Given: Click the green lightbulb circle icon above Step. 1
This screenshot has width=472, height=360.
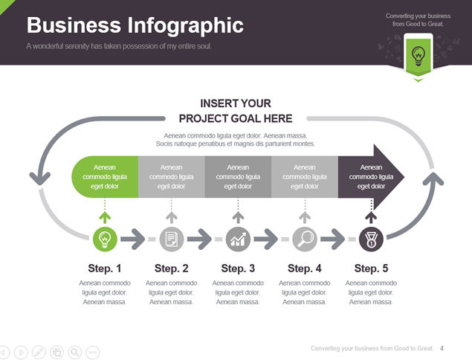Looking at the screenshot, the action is point(105,240).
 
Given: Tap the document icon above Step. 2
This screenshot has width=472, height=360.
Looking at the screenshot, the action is point(171,240).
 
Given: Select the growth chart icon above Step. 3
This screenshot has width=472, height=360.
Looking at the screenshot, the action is point(238,240).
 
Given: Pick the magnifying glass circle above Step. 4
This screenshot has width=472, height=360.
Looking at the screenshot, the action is point(305,240).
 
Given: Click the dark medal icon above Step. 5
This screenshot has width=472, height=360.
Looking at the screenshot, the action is point(371,240).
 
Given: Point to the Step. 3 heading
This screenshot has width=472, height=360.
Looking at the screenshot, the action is point(238,268).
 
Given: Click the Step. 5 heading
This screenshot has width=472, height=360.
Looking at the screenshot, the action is point(371,268).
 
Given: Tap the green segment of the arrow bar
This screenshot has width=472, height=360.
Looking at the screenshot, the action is point(105,177).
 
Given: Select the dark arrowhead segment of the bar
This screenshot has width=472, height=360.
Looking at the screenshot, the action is point(371,177).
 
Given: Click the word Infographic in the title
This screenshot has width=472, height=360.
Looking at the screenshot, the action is point(185,25).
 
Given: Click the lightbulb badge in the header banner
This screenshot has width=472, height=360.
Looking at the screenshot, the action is point(418,56).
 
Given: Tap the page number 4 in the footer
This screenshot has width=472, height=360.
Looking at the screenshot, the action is point(442,348).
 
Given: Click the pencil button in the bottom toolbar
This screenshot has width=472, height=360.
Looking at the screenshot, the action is point(39,352).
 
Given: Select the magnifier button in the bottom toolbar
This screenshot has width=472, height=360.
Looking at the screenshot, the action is point(74,352).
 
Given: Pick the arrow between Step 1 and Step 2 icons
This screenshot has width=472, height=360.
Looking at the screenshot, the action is point(133,240).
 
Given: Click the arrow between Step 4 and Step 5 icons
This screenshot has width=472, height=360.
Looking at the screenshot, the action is point(332,240).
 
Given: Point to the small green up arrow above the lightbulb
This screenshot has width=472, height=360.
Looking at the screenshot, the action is point(105,217).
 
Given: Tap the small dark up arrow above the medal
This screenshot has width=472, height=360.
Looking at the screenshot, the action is point(371,217).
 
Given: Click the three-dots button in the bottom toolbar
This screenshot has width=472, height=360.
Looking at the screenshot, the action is point(93,352).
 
